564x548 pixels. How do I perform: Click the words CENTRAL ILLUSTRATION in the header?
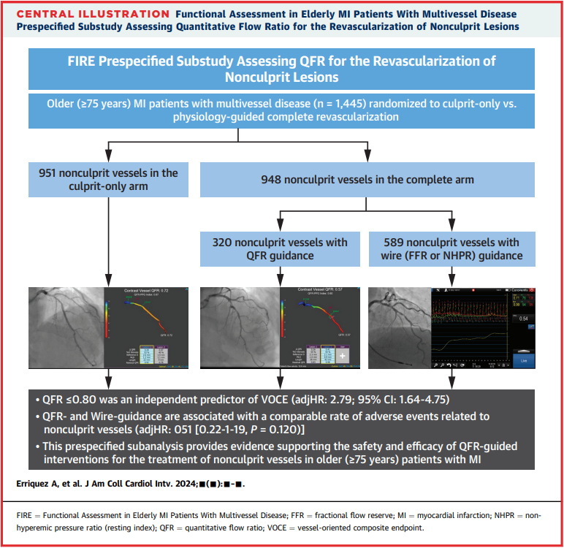(x=86, y=15)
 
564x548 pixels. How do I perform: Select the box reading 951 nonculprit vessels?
(x=108, y=179)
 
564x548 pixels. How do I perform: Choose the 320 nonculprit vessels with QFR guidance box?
(x=280, y=248)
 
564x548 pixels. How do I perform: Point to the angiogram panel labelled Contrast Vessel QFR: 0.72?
(x=108, y=330)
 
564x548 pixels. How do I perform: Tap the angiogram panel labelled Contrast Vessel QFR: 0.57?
(x=279, y=330)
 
